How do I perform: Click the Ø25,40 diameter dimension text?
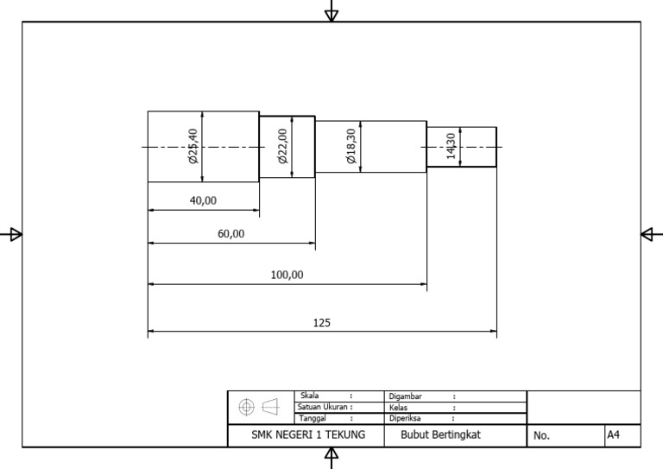coord(193,146)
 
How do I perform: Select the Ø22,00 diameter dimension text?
coord(281,146)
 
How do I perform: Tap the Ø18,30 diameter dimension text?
coord(350,146)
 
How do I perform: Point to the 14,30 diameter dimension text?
coord(451,145)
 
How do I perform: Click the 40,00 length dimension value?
coord(203,200)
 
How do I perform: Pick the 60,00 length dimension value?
coord(230,234)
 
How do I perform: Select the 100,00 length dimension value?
coord(287,275)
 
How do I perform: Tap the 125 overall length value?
coord(321,323)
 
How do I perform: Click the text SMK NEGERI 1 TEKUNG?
coord(308,435)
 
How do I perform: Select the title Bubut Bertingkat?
coord(441,435)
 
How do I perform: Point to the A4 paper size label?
coord(613,435)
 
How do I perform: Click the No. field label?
coord(541,436)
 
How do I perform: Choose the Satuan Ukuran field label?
coord(323,406)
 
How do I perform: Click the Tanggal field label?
coord(313,417)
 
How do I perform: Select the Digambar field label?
coord(405,396)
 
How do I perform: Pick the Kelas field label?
coord(398,407)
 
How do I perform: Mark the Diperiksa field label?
coord(404,417)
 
